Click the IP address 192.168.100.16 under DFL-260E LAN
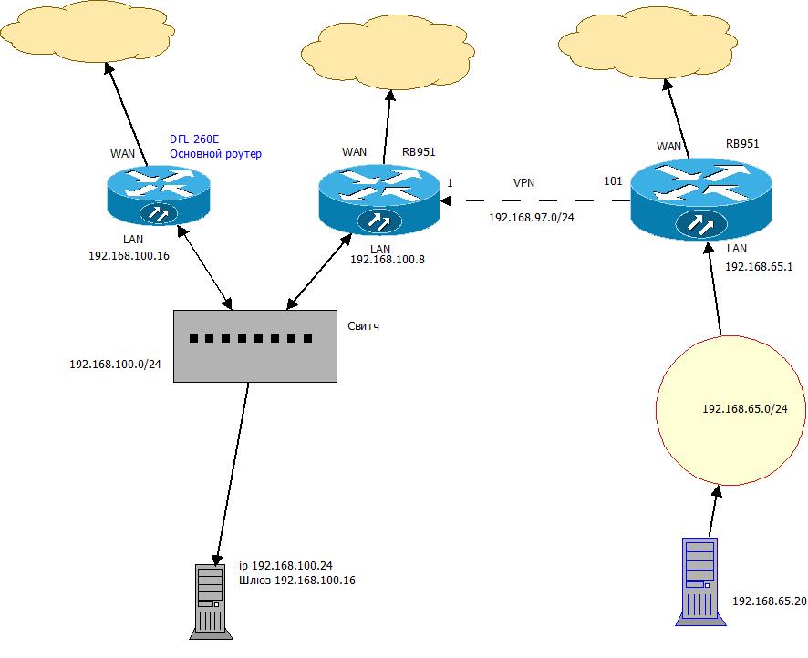(130, 256)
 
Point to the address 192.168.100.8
(388, 259)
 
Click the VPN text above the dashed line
(523, 182)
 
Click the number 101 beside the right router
(614, 181)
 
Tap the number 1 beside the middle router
(450, 183)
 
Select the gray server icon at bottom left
(211, 600)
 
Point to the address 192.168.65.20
(769, 602)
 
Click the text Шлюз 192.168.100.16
(297, 580)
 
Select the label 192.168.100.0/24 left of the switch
(115, 364)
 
